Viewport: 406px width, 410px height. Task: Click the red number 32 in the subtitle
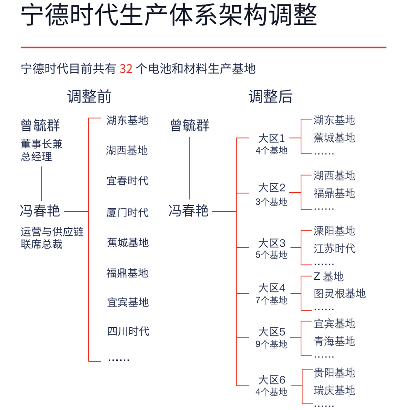[x=126, y=69]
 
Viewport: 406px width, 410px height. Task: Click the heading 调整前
[x=89, y=96]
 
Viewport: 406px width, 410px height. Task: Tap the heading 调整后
[x=271, y=96]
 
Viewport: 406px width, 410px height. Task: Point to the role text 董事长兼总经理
[x=41, y=150]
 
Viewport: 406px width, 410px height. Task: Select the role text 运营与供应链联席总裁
[x=52, y=238]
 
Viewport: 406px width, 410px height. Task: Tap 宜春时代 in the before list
[x=128, y=181]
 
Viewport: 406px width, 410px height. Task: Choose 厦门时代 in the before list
[x=128, y=213]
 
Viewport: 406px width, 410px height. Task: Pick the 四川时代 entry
[x=128, y=331]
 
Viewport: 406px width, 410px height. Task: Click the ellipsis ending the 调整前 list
[x=119, y=360]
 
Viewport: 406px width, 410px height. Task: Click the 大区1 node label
[x=272, y=138]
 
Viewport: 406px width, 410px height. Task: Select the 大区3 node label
[x=272, y=243]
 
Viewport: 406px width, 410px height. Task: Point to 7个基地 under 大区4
[x=272, y=300]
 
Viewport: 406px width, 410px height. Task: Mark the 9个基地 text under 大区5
[x=272, y=344]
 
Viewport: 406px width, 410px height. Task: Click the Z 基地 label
[x=328, y=276]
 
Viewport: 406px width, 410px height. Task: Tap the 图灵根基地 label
[x=340, y=293]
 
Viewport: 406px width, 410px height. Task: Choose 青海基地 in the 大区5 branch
[x=335, y=341]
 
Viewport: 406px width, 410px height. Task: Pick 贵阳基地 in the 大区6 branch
[x=335, y=372]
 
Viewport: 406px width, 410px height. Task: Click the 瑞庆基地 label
[x=335, y=390]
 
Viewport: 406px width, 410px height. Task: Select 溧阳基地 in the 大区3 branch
[x=335, y=231]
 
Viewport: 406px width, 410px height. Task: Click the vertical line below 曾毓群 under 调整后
[x=190, y=168]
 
